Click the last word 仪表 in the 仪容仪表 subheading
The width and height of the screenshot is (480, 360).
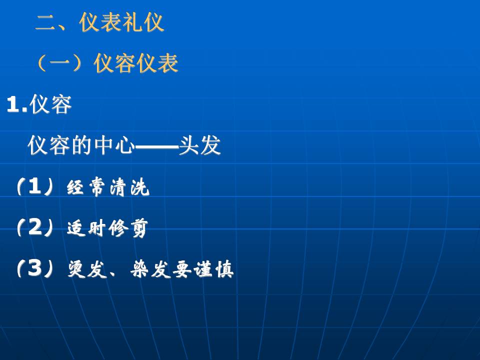coord(156,63)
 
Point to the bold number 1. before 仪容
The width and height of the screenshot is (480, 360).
coord(17,104)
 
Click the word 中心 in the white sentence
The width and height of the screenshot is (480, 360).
coord(114,145)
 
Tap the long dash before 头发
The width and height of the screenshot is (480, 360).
coord(156,147)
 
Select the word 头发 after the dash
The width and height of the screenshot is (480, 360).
coord(199,145)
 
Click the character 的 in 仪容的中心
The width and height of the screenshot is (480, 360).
coord(81,145)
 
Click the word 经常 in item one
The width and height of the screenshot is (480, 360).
coord(86,186)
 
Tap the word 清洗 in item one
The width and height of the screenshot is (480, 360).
coord(129,186)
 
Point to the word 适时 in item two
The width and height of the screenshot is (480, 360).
coord(86,228)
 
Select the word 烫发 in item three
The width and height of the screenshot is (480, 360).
coord(87,269)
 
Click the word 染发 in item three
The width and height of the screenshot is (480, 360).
coord(150,269)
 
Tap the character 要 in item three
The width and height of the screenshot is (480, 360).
coord(182,269)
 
